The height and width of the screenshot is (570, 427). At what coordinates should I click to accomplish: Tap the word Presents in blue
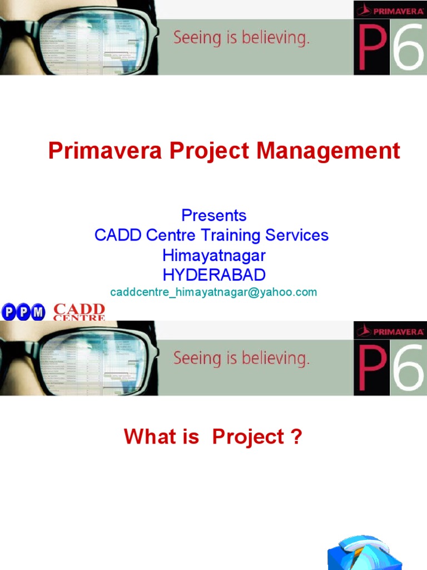pos(213,215)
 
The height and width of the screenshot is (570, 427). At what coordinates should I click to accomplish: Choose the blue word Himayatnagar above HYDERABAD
pos(213,255)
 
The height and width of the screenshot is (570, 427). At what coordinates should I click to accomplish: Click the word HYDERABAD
pos(213,274)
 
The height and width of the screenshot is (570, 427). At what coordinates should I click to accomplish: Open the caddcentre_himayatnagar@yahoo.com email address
pos(213,292)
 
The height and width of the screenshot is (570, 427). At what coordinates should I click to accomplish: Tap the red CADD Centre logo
pos(79,312)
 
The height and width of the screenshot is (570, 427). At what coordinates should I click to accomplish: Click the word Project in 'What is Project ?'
pos(248,437)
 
